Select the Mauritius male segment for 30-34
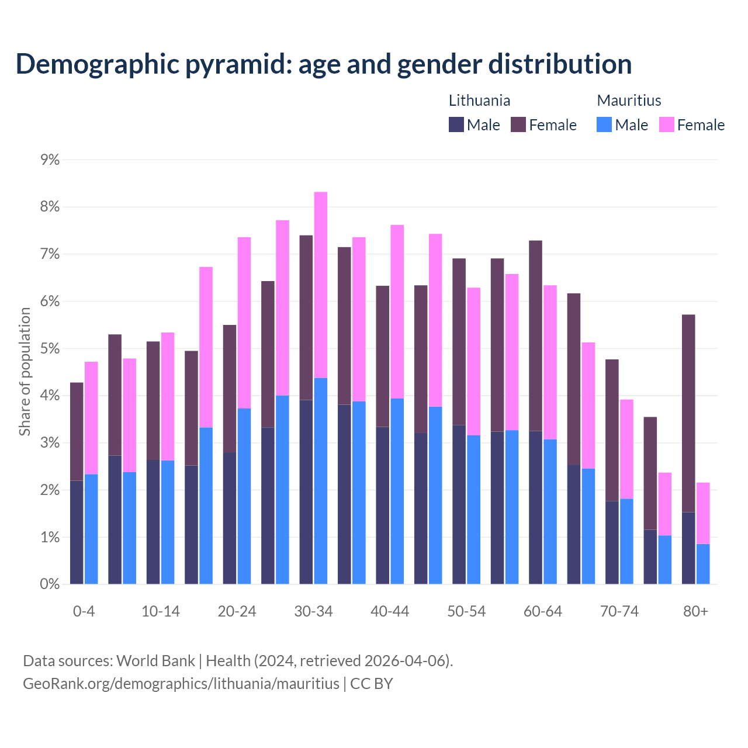[x=321, y=480]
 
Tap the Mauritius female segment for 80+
[x=703, y=513]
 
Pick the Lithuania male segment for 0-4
[x=77, y=532]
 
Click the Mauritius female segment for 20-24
[x=244, y=323]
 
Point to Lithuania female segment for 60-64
[x=535, y=335]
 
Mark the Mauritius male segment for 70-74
[x=626, y=541]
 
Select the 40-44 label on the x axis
[x=390, y=611]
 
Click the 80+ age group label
[x=695, y=611]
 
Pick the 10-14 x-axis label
[x=161, y=611]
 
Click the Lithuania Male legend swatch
[x=456, y=124]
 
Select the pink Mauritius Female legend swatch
[x=667, y=124]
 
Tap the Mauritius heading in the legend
[x=629, y=101]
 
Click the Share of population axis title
[x=25, y=372]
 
